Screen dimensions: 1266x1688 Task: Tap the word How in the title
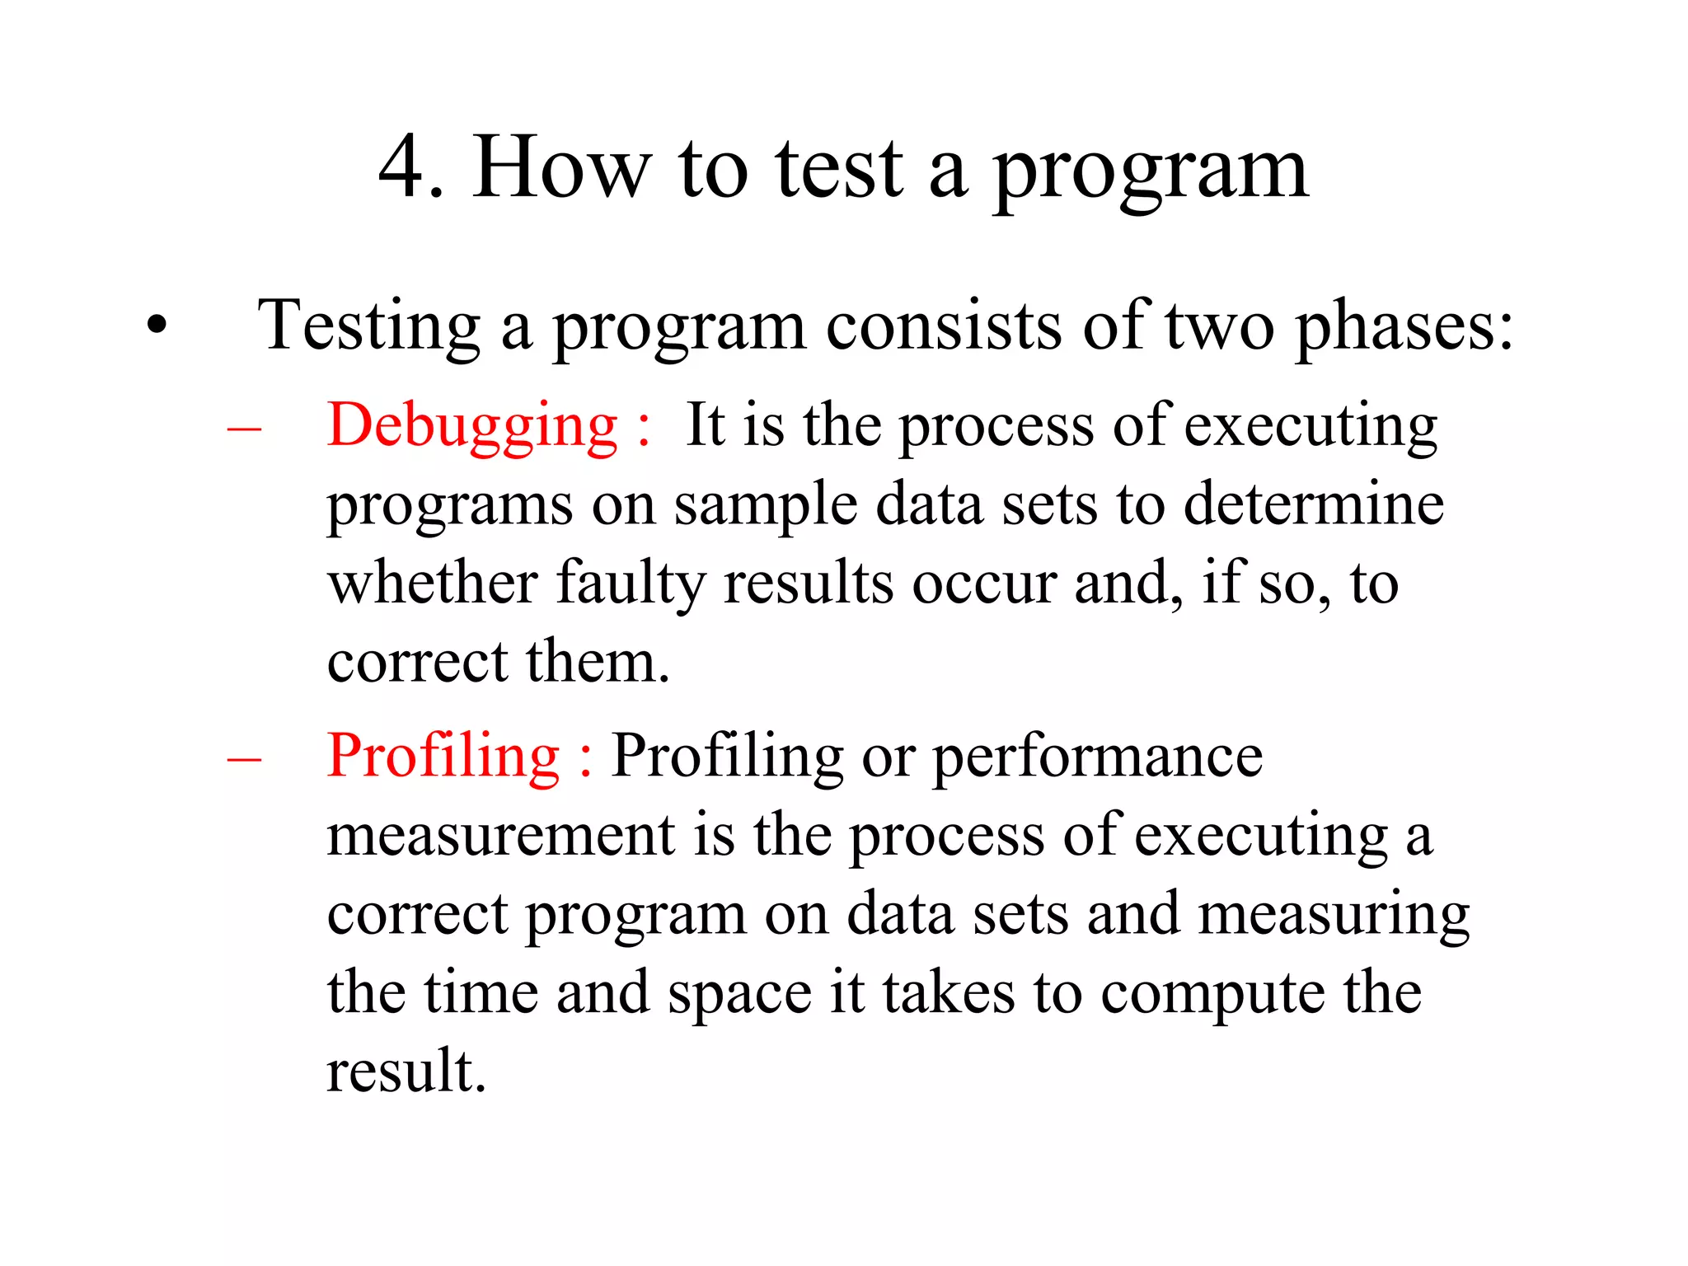tap(561, 167)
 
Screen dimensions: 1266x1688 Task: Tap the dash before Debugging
tap(244, 428)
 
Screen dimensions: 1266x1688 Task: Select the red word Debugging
tap(471, 427)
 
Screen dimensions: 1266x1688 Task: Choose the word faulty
tap(631, 584)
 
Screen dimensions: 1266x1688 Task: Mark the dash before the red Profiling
tap(244, 758)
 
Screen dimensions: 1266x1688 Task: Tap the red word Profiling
tap(443, 757)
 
